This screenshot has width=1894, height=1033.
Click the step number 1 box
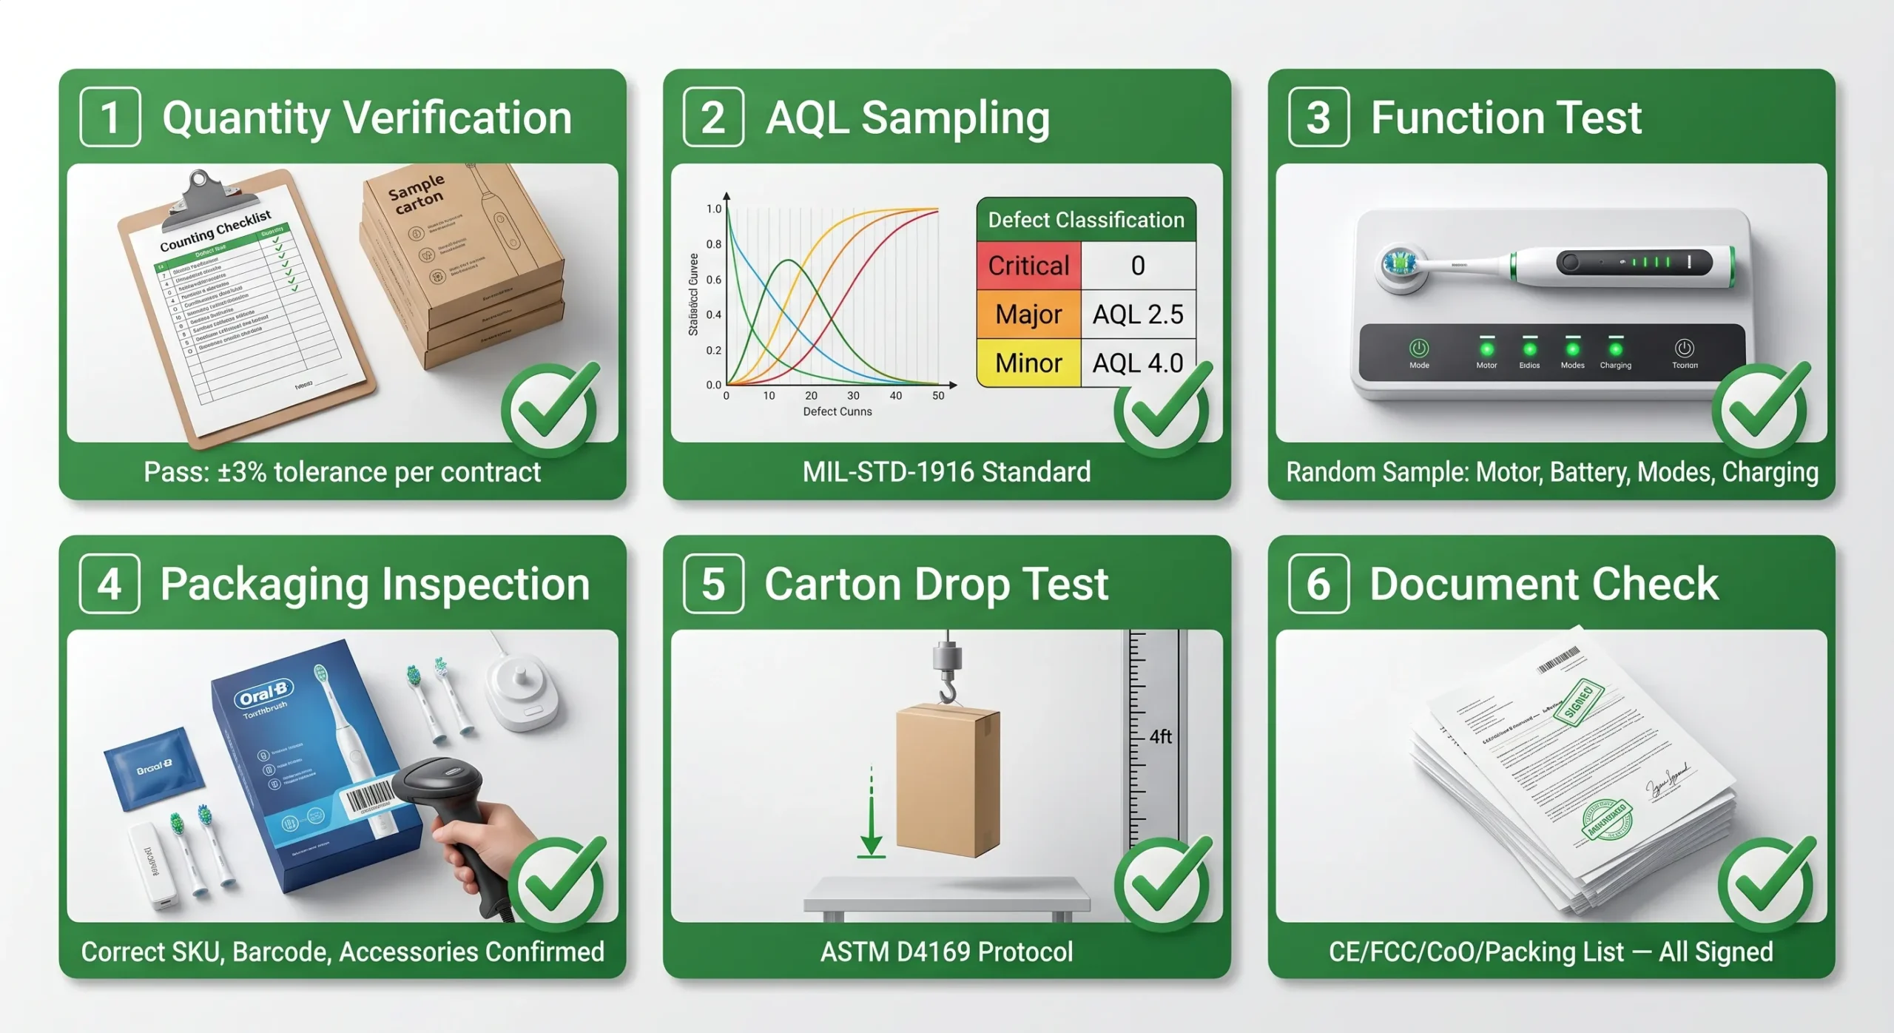coord(109,117)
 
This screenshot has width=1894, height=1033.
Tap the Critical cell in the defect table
coord(1028,266)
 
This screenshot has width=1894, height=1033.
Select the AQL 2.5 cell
coord(1138,314)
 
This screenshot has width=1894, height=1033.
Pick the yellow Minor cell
coord(1028,363)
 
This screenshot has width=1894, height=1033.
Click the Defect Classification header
coord(1086,220)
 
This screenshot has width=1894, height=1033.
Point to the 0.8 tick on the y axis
coord(713,244)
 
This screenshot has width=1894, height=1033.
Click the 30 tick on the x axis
coord(853,396)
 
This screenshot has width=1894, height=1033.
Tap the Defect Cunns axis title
coord(838,411)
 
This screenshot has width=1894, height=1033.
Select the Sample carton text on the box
coord(417,194)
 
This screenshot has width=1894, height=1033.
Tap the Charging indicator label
coord(1615,366)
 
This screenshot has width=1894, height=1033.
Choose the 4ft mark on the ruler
coord(1160,737)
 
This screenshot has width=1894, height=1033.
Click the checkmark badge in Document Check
coord(1767,884)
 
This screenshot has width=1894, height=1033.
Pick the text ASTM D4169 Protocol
coord(946,952)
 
